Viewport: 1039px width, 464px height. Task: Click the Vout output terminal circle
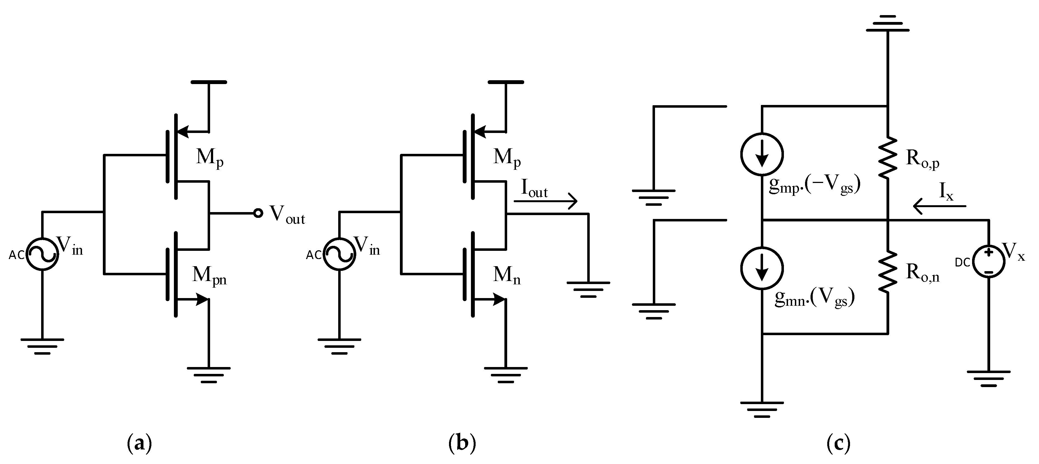[x=258, y=213]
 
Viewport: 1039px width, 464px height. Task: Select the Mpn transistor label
[x=209, y=276]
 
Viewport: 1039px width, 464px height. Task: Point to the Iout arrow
[x=545, y=201]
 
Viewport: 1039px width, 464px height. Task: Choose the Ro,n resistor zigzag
[x=888, y=271]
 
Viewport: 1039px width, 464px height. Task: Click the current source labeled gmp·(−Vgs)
[x=762, y=154]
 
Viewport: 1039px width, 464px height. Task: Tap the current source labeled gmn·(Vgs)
[x=762, y=268]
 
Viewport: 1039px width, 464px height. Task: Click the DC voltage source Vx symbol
[x=988, y=262]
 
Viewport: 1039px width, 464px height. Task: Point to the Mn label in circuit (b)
[x=507, y=276]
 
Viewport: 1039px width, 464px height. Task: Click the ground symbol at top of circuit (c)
[x=887, y=23]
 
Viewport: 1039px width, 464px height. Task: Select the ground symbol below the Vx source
[x=989, y=378]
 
